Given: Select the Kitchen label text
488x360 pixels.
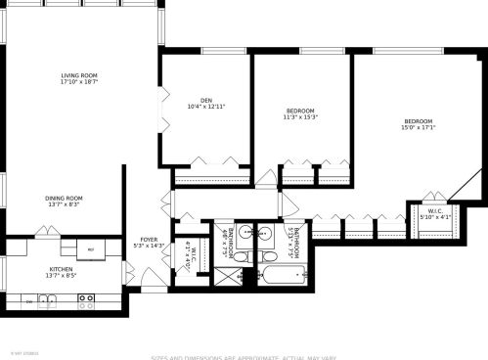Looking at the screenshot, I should pyautogui.click(x=62, y=269).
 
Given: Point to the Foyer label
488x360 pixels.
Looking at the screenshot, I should pyautogui.click(x=149, y=240).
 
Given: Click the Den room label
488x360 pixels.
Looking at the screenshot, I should pyautogui.click(x=206, y=99).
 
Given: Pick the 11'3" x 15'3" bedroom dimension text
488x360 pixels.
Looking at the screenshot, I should pyautogui.click(x=300, y=117).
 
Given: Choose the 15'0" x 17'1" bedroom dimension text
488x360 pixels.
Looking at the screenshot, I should pyautogui.click(x=418, y=127).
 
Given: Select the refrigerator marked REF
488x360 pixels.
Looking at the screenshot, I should pyautogui.click(x=91, y=249).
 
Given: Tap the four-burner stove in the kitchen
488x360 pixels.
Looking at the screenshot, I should pyautogui.click(x=86, y=302).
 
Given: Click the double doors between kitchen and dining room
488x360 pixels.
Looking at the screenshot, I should pyautogui.click(x=45, y=233).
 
